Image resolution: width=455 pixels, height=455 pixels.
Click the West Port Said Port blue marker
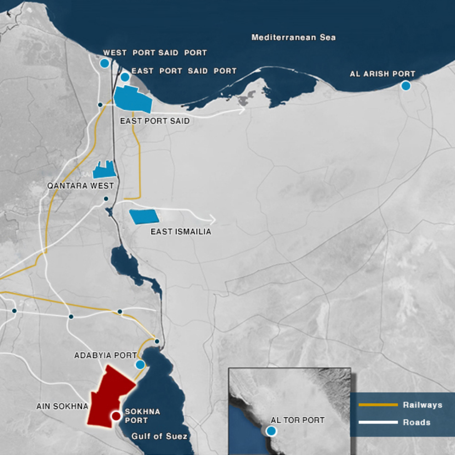pos(104,63)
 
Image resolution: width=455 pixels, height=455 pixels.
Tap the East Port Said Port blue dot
pos(125,77)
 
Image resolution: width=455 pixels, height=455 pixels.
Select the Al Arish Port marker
pos(406,86)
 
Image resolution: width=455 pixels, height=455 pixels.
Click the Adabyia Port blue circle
pos(140,364)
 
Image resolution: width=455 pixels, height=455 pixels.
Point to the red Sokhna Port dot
pos(116,415)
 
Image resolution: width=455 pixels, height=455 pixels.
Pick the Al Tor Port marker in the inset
pos(271,431)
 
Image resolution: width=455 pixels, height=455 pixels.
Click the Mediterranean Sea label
pos(293,37)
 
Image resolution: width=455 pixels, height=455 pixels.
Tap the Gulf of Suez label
pos(159,436)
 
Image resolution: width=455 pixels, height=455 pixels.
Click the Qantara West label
pos(81,186)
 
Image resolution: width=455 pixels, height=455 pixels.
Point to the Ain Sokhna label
pos(62,406)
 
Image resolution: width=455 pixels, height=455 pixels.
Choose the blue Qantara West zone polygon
pos(104,170)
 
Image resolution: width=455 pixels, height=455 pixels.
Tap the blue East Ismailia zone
pos(144,217)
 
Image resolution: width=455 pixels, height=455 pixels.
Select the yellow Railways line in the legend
pos(378,404)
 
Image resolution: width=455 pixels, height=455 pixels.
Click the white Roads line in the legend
pos(378,422)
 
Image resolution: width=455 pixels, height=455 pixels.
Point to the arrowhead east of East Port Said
pos(242,110)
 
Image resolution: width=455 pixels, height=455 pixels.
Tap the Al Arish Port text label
pos(382,74)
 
